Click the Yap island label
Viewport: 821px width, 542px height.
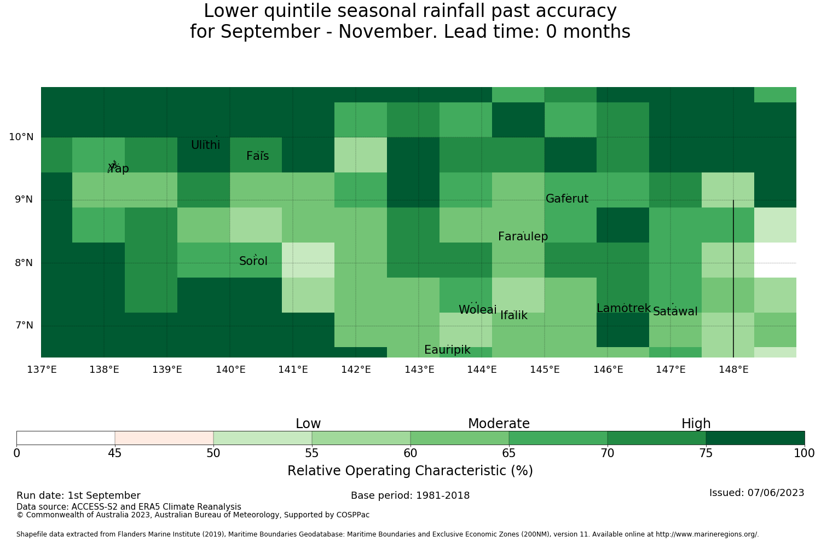click(x=118, y=168)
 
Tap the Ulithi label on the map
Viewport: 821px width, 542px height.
click(x=206, y=145)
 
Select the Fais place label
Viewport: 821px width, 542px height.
click(x=258, y=156)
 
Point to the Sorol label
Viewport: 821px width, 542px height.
click(x=253, y=261)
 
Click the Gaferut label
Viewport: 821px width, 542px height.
click(x=567, y=198)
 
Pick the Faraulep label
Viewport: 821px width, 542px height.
click(x=523, y=236)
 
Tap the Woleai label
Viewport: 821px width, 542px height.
click(x=478, y=309)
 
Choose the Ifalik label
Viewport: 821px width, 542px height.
click(x=514, y=315)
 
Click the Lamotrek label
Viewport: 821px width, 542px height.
click(x=624, y=308)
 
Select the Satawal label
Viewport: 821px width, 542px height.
click(x=675, y=312)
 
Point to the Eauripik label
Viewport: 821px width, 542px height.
click(x=447, y=349)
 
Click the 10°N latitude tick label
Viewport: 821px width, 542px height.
click(x=21, y=137)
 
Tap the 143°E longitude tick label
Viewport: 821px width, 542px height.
click(x=419, y=370)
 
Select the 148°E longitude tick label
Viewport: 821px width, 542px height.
click(x=733, y=370)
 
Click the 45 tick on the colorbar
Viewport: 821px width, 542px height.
click(x=115, y=453)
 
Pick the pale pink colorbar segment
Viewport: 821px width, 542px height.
click(x=164, y=438)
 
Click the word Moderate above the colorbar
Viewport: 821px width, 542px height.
click(x=499, y=424)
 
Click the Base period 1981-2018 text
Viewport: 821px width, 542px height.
click(x=410, y=495)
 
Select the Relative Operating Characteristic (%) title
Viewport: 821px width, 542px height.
click(x=410, y=470)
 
